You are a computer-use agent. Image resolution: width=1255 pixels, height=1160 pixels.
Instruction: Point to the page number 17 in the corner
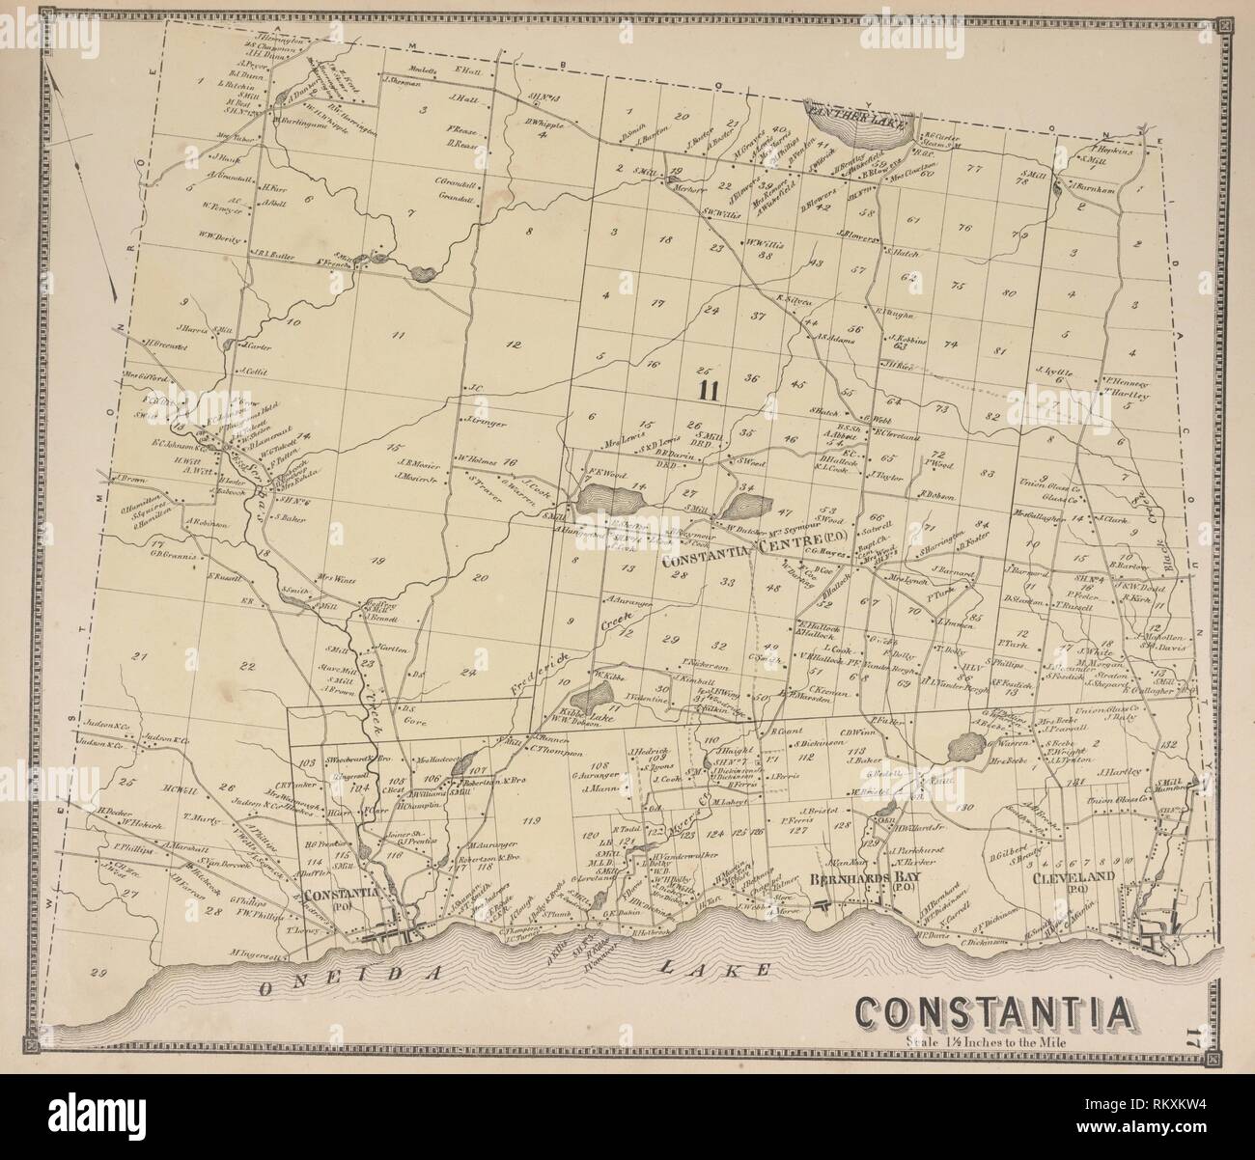click(1193, 1040)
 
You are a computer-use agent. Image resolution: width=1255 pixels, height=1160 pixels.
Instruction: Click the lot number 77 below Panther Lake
click(974, 168)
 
